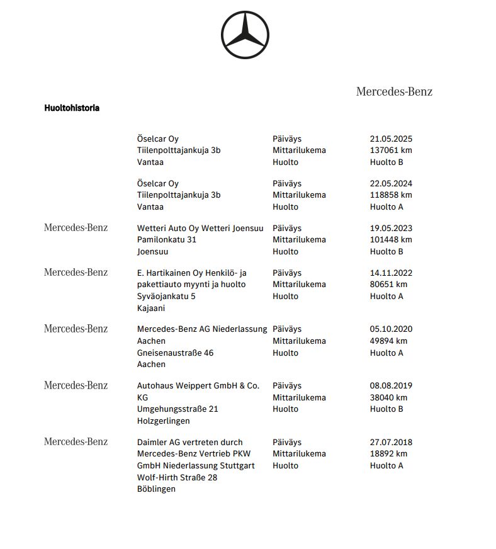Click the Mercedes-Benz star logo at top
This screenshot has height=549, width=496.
[x=245, y=35]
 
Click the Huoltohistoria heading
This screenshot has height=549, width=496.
[x=72, y=108]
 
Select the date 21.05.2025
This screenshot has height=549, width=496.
[x=391, y=139]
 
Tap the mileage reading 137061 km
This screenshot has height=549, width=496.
[x=391, y=150]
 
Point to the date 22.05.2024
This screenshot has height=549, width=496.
[x=391, y=183]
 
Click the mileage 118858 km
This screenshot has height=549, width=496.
[x=391, y=195]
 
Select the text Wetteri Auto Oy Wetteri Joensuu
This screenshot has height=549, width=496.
[x=200, y=228]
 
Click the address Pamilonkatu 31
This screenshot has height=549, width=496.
[x=167, y=240]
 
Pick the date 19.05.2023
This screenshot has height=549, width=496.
[x=391, y=228]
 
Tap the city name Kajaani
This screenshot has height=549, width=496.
[x=151, y=308]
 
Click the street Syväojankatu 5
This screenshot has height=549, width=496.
[x=166, y=297]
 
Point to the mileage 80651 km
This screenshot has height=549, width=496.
[x=388, y=285]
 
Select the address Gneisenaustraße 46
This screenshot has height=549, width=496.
[x=175, y=353]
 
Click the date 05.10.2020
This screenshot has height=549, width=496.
[x=391, y=329]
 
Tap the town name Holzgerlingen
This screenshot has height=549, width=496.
[x=163, y=421]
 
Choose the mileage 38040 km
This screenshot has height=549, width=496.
[x=388, y=397]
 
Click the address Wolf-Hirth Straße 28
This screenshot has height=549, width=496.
[x=177, y=477]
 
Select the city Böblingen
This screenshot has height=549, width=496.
[x=156, y=489]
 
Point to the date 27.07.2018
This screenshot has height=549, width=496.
[x=391, y=442]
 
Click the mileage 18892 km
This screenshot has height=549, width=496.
[x=388, y=454]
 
